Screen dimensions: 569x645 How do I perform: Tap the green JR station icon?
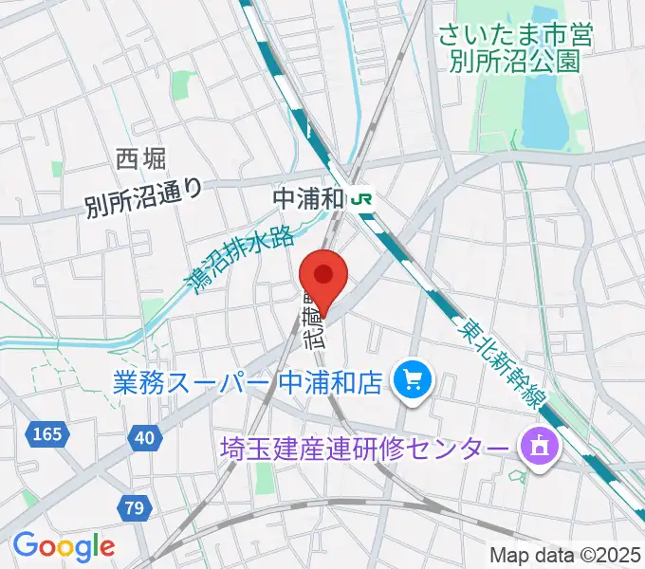click(x=360, y=199)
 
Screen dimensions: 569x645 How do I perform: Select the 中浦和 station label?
click(x=307, y=199)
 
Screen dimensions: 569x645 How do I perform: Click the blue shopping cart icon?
click(x=413, y=381)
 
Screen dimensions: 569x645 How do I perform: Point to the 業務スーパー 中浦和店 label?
click(x=247, y=382)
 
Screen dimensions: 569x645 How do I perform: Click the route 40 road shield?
click(x=143, y=437)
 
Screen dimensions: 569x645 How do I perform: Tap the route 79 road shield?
click(x=134, y=509)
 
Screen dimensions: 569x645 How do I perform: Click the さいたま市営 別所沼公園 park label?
click(x=514, y=49)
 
